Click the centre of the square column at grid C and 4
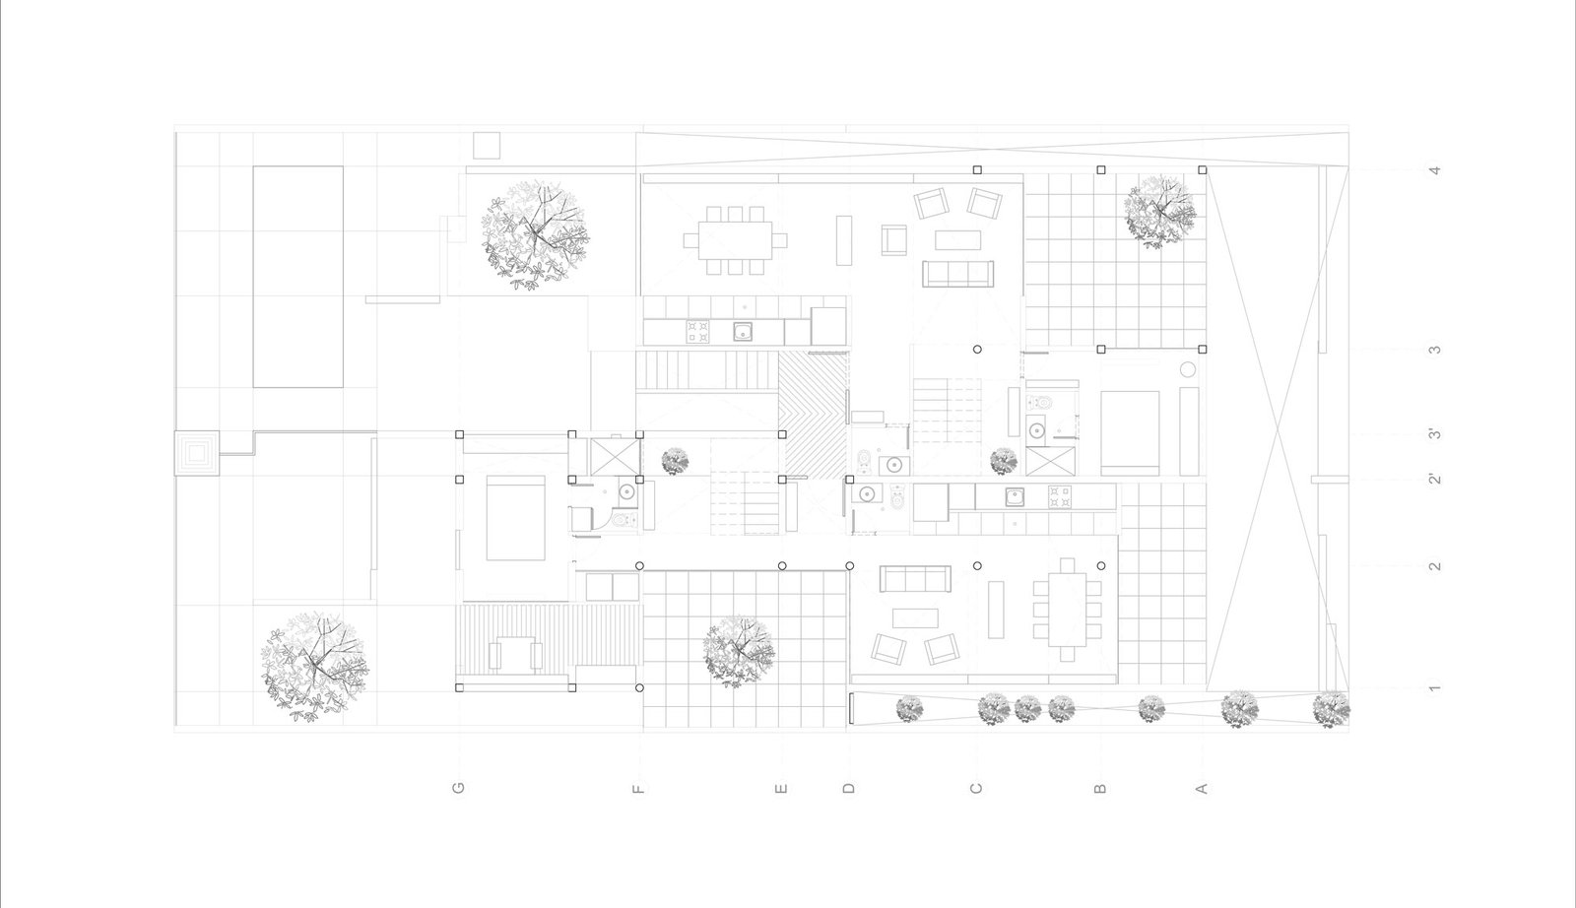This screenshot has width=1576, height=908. coord(977,170)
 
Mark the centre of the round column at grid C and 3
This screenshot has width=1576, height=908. coord(977,350)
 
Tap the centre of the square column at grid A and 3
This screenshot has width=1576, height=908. coord(1203,350)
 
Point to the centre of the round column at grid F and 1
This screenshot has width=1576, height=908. coord(639,687)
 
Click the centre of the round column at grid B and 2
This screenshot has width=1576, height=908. coord(1101,566)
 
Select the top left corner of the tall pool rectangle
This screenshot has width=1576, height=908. coord(253,166)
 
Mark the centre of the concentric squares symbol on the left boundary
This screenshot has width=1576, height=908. coord(197,454)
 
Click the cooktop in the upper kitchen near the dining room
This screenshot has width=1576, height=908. coord(698,331)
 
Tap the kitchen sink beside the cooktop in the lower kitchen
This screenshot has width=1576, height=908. coord(1015,497)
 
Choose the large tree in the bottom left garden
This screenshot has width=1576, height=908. coord(314,667)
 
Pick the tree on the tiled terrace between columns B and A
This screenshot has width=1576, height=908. coord(1159,212)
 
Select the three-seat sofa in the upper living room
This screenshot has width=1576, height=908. coord(957,275)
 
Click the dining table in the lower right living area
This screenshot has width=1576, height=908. coord(1068,610)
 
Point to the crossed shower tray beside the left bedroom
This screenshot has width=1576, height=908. coord(615,457)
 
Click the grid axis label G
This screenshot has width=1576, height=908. coord(459,788)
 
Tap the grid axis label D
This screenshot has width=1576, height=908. coord(848,789)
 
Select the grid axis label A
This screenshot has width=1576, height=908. coord(1202,789)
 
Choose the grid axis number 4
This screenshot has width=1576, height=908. coord(1434,170)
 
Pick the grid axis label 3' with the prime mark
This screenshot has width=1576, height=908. coord(1434,434)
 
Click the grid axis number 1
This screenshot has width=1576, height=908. coord(1434,687)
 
